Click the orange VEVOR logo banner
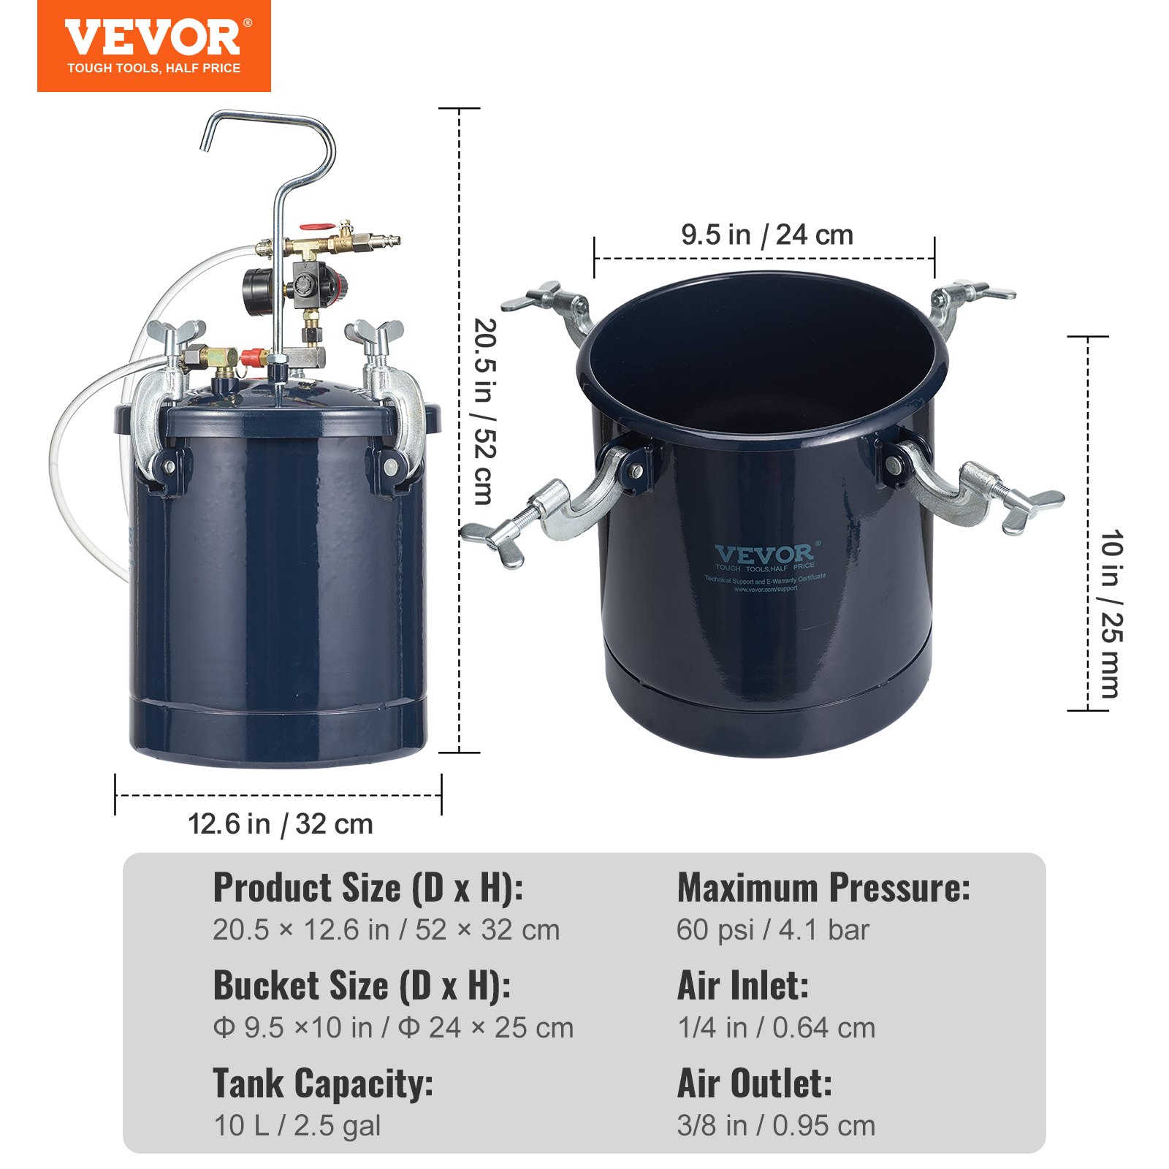pos(153,46)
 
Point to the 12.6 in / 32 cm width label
pos(281,824)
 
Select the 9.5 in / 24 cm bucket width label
pos(766,235)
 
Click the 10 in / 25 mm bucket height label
pos(1111,614)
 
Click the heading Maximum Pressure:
pos(823,888)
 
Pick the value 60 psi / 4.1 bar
pos(772,930)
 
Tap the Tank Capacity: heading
pos(323,1084)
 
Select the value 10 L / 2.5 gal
pos(297,1126)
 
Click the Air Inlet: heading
pos(743,986)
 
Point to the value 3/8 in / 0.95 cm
pos(776,1126)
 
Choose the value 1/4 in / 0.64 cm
pos(776,1028)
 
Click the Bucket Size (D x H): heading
pos(362,986)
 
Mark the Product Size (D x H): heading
pos(368,888)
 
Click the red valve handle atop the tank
pos(316,229)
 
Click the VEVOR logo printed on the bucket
pos(764,556)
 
